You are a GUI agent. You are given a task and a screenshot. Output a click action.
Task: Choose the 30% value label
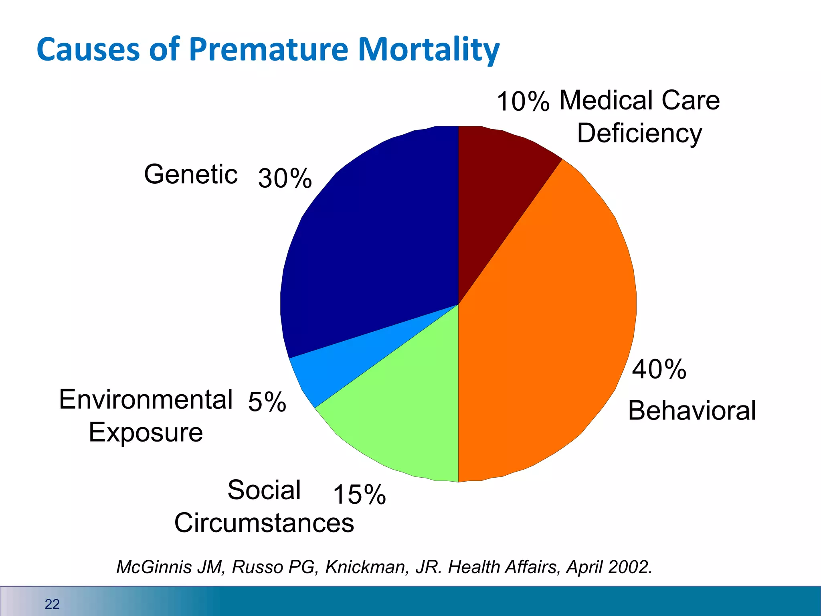285,178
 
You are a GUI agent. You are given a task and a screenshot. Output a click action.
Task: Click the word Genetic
191,174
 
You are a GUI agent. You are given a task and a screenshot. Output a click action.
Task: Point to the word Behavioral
692,411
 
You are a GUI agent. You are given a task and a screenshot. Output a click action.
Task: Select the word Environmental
146,399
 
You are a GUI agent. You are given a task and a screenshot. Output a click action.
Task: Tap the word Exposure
146,432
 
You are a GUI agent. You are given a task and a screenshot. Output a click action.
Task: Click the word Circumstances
264,523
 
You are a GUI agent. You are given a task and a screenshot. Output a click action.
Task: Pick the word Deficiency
639,133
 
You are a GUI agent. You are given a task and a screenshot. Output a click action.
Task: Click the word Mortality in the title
429,50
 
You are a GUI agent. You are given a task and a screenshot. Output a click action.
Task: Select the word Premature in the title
269,50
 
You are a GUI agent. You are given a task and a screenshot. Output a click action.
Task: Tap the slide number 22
52,604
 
